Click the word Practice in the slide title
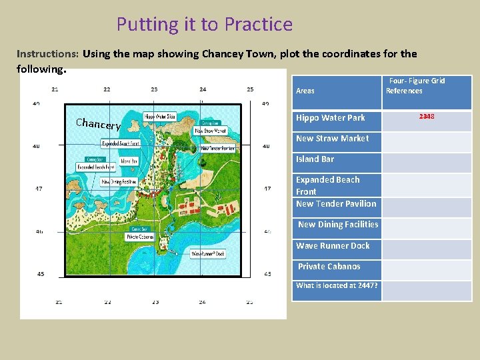point(258,25)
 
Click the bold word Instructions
point(47,53)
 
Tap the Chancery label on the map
point(98,124)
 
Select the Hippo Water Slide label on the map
point(160,116)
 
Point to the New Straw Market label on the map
point(210,131)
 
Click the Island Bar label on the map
point(129,161)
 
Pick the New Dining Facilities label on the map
point(119,181)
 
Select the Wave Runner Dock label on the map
point(209,254)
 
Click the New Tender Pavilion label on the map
point(217,148)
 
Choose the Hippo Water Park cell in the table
point(331,118)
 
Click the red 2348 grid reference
point(427,117)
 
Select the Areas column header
point(305,91)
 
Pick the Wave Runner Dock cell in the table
point(333,246)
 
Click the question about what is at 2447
point(337,285)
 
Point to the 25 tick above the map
point(250,89)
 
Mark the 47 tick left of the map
point(39,189)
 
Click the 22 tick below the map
point(107,302)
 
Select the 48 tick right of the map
point(266,146)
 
